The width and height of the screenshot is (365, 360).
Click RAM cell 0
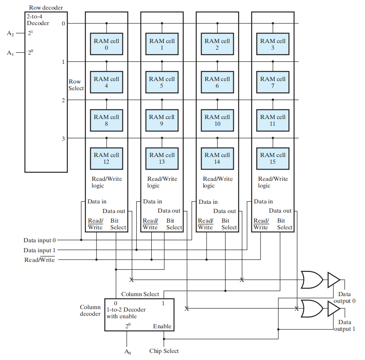(106, 44)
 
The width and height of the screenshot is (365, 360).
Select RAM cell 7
(273, 82)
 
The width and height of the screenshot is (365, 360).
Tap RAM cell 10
(217, 120)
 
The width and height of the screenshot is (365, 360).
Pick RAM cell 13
(162, 158)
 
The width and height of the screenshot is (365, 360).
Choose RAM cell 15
(273, 158)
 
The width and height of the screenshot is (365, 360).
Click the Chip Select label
(164, 351)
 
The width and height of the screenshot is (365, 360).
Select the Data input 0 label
(39, 240)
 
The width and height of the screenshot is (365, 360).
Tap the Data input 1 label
(39, 250)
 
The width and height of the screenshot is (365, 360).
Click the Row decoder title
(46, 8)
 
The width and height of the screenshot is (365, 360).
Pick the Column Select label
(140, 294)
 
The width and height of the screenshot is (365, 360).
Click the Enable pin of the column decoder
(162, 326)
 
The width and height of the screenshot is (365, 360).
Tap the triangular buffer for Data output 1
(334, 309)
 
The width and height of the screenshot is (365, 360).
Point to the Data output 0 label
(345, 297)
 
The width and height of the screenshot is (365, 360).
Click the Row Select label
(76, 85)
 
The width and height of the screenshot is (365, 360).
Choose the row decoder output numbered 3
(63, 139)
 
